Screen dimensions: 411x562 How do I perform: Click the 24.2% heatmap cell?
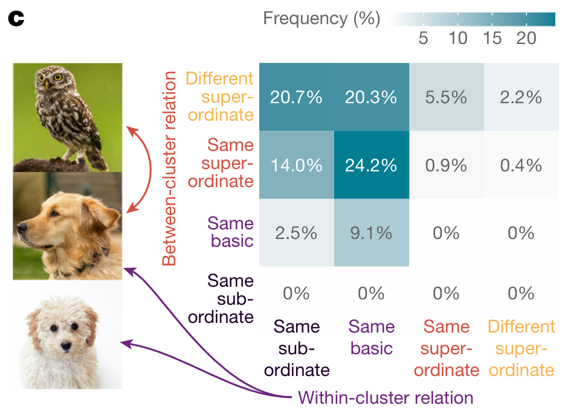pos(371,165)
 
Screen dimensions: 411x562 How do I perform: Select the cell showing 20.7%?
pos(296,97)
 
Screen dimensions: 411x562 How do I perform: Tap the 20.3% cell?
pos(371,97)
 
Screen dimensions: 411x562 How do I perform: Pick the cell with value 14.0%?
pos(296,165)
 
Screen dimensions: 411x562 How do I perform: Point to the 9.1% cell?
pos(371,232)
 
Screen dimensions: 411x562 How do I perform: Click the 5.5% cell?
pos(446,97)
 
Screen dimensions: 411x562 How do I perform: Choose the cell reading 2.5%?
pos(296,232)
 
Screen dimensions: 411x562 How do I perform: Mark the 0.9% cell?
pos(446,165)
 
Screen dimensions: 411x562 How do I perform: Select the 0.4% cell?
pos(521,165)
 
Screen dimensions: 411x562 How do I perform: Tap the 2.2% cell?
pos(521,97)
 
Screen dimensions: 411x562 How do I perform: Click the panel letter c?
pos(15,19)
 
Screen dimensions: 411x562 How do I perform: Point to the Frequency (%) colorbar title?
pos(321,19)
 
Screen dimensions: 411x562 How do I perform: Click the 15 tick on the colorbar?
pos(493,39)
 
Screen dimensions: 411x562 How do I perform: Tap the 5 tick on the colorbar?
pos(423,39)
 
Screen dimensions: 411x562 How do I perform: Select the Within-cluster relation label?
pos(386,398)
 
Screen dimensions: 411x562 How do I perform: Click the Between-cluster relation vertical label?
pos(170,169)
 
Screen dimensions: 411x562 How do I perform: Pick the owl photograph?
pos(68,117)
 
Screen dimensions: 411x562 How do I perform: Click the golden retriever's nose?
pos(21,228)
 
